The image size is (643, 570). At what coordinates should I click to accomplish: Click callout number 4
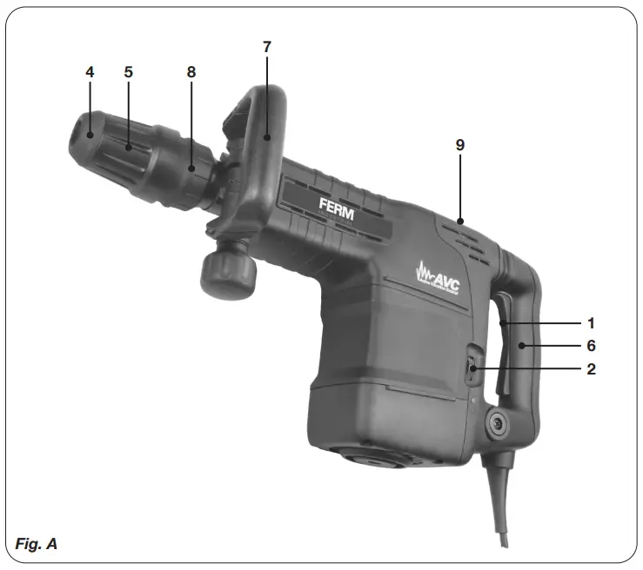(90, 72)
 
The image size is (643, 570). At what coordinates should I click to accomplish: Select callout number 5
(128, 72)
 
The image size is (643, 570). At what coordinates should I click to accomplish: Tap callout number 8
(191, 72)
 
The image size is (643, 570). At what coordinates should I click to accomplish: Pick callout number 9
(459, 145)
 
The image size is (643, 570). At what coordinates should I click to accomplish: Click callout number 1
(590, 322)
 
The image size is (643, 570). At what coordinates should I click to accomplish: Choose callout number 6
(590, 345)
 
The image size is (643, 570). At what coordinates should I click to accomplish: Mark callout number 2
(590, 368)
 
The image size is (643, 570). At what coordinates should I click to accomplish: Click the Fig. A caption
(37, 544)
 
